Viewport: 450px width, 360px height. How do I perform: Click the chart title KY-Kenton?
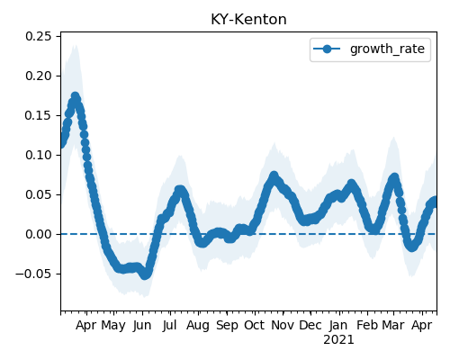pos(248,20)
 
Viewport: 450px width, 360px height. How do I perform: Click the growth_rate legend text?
pos(387,49)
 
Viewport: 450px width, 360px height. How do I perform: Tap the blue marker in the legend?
pos(327,49)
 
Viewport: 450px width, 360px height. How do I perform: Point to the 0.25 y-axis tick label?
pos(39,36)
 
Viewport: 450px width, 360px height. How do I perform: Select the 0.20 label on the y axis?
pos(39,76)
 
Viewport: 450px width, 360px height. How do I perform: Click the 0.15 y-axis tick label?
pos(39,115)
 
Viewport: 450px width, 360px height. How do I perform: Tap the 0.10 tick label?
pos(39,155)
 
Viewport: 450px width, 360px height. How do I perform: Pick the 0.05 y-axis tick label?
pos(39,194)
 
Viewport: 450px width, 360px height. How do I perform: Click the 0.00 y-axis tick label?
pos(39,234)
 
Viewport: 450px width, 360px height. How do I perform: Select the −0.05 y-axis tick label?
pos(34,274)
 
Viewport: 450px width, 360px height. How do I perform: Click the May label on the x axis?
pos(113,326)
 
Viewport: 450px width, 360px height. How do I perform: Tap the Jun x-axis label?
pos(142,326)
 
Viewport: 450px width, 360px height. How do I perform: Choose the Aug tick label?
pos(198,326)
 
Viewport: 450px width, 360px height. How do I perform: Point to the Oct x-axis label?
pos(255,326)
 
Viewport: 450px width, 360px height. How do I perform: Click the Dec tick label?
pos(310,326)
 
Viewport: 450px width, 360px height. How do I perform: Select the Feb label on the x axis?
pos(367,326)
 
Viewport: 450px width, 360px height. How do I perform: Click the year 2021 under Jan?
pos(338,340)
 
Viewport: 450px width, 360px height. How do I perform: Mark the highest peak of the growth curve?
pos(76,96)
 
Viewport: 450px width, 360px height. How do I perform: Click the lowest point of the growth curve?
pos(145,274)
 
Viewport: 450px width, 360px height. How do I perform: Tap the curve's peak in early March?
pos(395,177)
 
